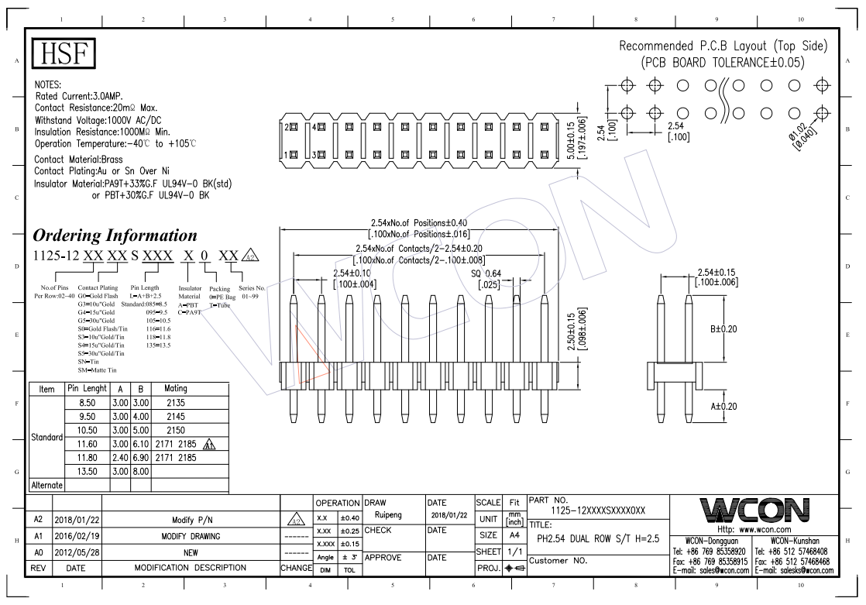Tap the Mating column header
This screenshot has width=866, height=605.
171,388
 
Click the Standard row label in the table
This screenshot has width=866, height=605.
46,437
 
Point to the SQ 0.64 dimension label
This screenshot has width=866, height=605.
487,273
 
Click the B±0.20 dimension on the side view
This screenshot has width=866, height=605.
723,328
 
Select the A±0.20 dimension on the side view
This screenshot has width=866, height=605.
723,405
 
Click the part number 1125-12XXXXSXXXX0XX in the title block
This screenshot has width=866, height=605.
597,511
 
